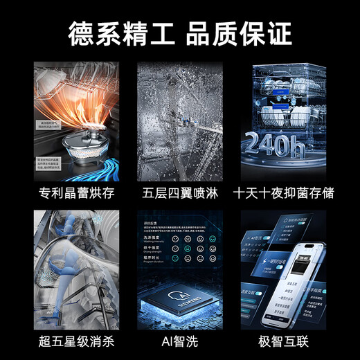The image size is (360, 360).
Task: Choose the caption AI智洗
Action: pos(180,340)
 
